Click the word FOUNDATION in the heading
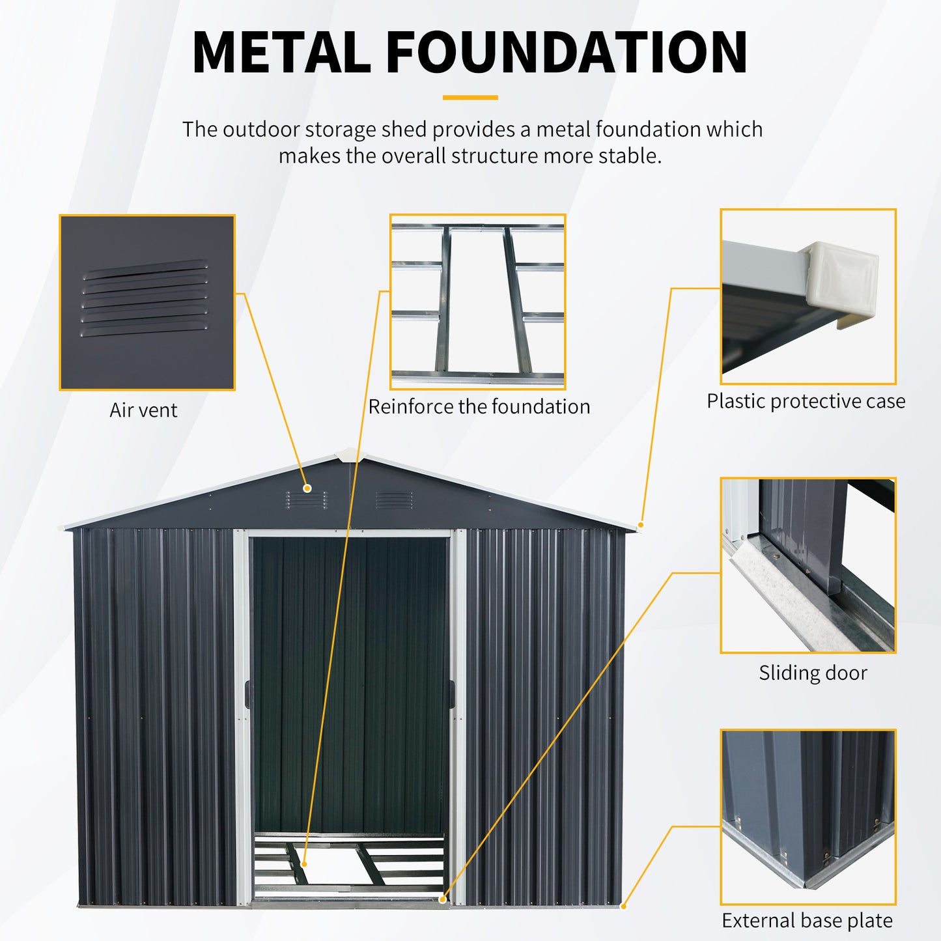point(567,52)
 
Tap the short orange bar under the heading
point(470,98)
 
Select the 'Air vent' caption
point(143,410)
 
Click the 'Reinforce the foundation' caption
point(479,407)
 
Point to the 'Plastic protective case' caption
point(806,401)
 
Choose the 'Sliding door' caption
point(813,673)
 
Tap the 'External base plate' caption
point(807,921)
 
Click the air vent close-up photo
point(147,303)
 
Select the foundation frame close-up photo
point(478,302)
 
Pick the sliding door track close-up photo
point(808,565)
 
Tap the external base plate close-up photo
point(808,817)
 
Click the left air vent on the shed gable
point(306,500)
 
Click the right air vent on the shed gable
point(394,500)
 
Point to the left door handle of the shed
point(247,695)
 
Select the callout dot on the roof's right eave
point(641,524)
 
